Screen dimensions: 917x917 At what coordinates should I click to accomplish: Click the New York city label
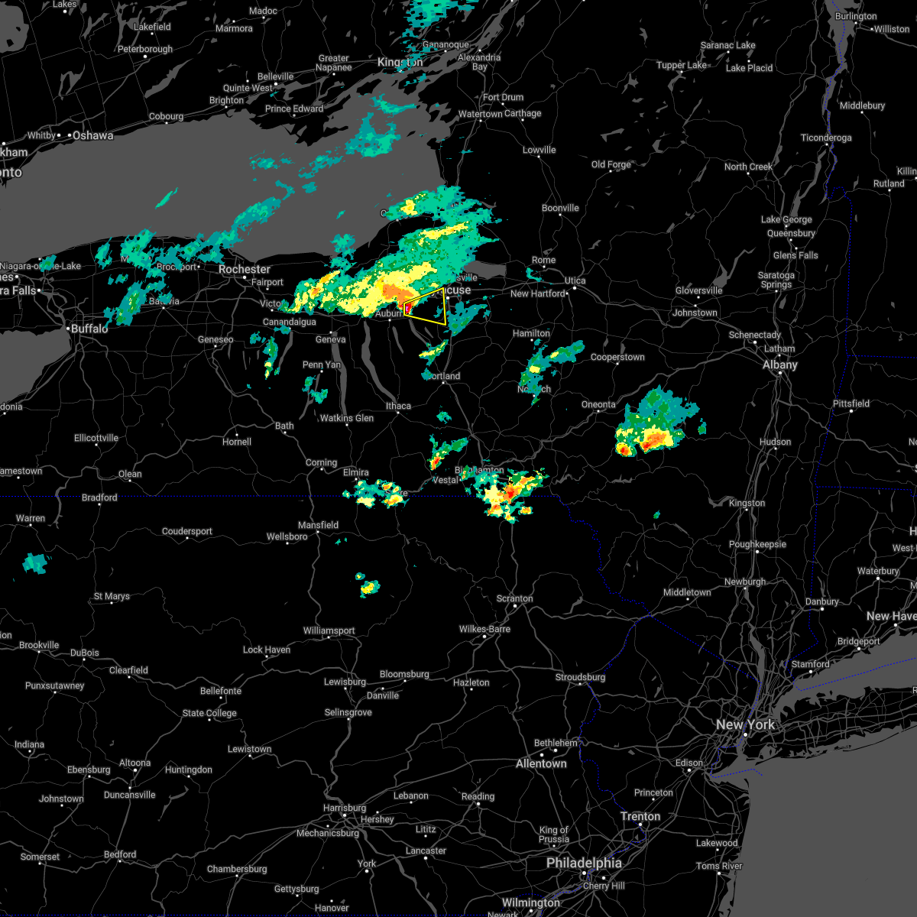(745, 724)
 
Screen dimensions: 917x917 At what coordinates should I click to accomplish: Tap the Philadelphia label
(584, 863)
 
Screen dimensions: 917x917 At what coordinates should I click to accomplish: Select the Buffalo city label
(89, 329)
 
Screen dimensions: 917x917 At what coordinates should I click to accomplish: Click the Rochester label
(245, 270)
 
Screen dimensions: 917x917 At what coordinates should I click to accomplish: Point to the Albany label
(780, 365)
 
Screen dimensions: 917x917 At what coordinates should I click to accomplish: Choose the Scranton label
(515, 598)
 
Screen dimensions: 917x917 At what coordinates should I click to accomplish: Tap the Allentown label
(541, 763)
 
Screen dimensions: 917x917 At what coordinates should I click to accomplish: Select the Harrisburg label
(345, 808)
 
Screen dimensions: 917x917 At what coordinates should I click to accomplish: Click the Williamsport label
(329, 630)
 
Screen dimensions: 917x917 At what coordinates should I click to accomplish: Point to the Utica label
(575, 280)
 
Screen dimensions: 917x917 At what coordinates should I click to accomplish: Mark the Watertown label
(481, 115)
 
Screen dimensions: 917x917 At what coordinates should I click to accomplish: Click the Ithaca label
(398, 406)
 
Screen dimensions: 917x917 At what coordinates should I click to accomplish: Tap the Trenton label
(640, 816)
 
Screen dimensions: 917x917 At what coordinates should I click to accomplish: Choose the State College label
(209, 713)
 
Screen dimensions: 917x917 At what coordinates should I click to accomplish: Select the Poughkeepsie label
(757, 545)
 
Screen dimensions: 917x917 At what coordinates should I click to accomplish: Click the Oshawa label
(93, 135)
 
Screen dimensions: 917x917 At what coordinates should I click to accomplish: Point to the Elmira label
(356, 472)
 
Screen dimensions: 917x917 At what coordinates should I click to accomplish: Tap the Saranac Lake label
(727, 45)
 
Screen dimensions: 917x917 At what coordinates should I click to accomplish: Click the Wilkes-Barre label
(484, 629)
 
